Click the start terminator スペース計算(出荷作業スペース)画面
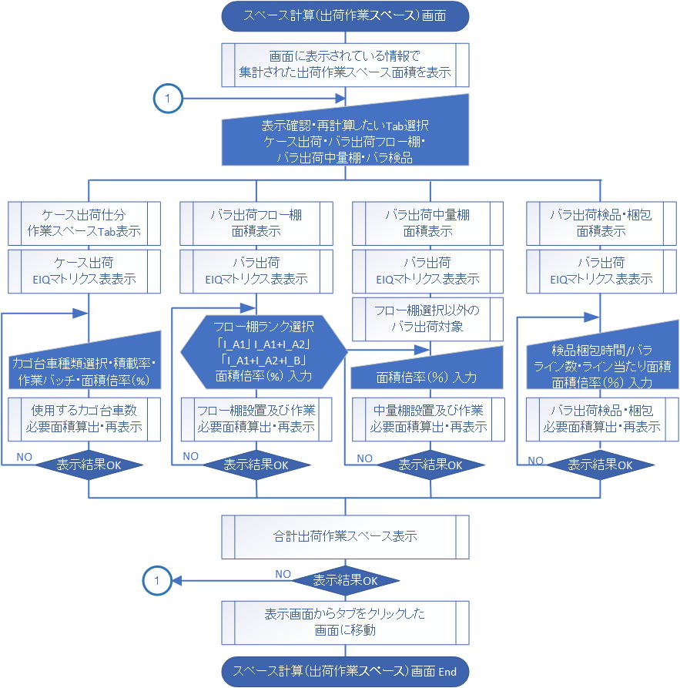pyautogui.click(x=345, y=15)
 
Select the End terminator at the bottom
pyautogui.click(x=345, y=671)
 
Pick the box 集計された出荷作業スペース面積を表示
pyautogui.click(x=345, y=65)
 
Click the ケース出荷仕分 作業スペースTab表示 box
pyautogui.click(x=85, y=223)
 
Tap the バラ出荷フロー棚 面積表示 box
pyautogui.click(x=256, y=223)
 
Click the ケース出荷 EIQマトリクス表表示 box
pyautogui.click(x=85, y=271)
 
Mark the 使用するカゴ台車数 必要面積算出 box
pyautogui.click(x=85, y=418)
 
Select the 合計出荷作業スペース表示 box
pyautogui.click(x=345, y=535)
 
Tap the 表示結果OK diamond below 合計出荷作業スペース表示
pyautogui.click(x=345, y=581)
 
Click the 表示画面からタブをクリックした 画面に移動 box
pyautogui.click(x=345, y=622)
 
